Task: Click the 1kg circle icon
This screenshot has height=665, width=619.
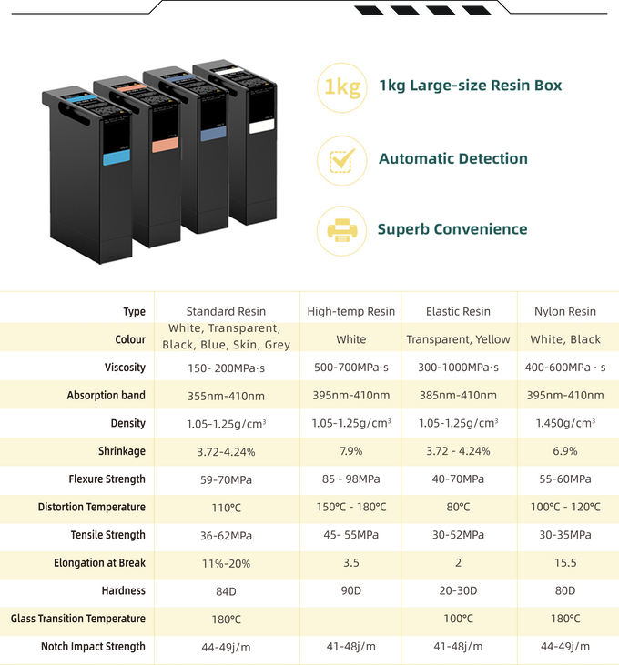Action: (x=341, y=86)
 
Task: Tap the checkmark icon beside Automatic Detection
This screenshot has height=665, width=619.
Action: (x=341, y=159)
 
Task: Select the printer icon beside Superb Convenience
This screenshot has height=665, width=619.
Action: (x=341, y=229)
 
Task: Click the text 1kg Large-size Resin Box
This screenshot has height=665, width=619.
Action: (x=470, y=86)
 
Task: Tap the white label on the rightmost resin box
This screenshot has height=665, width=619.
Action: (x=262, y=126)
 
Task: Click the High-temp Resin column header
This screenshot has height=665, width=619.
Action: (x=350, y=311)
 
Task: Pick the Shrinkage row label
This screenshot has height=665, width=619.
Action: (x=122, y=451)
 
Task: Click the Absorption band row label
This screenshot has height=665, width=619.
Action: (x=106, y=396)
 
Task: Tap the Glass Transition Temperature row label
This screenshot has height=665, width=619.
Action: (x=78, y=619)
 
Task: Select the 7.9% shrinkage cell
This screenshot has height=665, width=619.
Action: (x=350, y=451)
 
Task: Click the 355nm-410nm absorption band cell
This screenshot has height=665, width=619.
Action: (x=226, y=396)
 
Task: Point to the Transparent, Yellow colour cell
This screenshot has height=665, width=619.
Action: (x=458, y=339)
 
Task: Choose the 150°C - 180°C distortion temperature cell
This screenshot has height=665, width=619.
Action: (x=350, y=507)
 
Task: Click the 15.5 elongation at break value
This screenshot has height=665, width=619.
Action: (x=566, y=563)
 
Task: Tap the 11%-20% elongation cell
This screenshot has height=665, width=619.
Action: (x=226, y=563)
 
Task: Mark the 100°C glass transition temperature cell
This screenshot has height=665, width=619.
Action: (x=458, y=619)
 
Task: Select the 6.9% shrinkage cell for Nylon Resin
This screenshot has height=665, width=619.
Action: (x=566, y=451)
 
